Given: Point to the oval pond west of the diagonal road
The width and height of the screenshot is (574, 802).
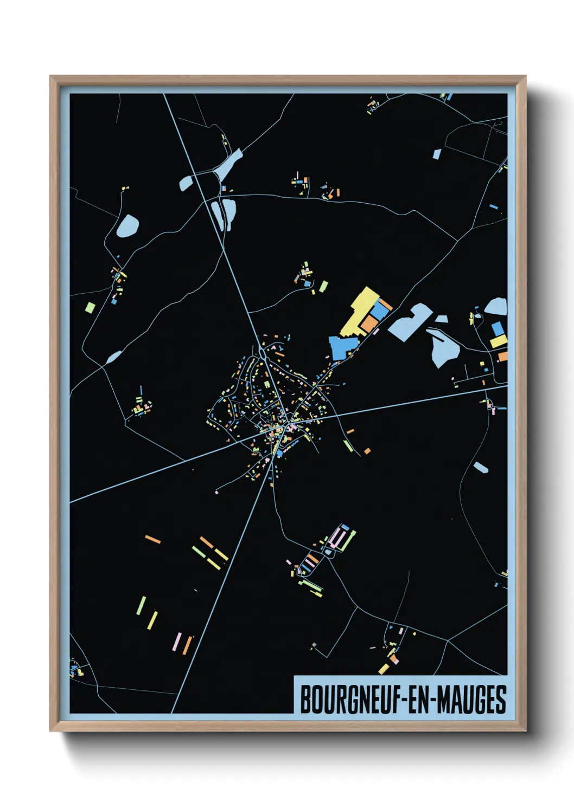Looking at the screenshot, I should click(127, 225).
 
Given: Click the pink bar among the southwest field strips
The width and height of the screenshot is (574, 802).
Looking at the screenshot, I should click(176, 641).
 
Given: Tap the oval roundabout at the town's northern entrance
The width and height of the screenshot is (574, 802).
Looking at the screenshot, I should click(263, 353).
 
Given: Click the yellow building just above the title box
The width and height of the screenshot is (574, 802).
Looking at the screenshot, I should click(384, 669).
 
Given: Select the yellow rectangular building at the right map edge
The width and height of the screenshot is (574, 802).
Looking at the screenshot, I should click(499, 341).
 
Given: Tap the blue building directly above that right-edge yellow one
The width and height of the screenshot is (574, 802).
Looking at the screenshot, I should click(496, 328).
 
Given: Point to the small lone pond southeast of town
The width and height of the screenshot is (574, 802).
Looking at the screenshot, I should click(481, 467).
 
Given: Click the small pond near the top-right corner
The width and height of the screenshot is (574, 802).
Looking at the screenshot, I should click(437, 154).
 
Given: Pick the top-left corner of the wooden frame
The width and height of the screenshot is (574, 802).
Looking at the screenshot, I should click(51, 77).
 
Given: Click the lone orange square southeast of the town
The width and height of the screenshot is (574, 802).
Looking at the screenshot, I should click(367, 451).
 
